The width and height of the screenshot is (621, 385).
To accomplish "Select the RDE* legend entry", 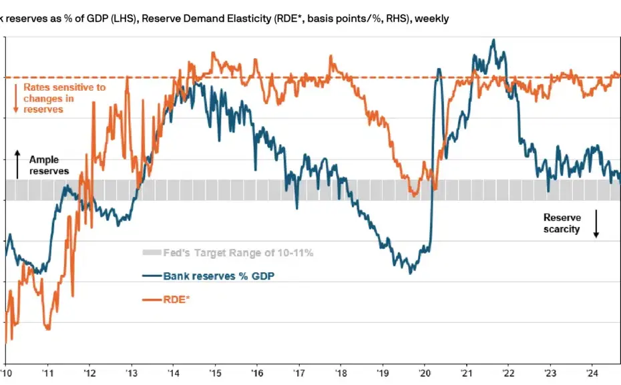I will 176,299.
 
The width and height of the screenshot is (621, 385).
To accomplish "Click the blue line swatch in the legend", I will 152,276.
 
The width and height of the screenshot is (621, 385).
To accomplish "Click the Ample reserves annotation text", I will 49,165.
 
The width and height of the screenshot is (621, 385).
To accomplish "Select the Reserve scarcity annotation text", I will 562,224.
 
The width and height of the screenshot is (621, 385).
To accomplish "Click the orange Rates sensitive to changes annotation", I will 64,98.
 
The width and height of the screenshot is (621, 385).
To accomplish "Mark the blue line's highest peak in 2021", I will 493,40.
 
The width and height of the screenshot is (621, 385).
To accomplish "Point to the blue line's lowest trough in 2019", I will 411,272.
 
